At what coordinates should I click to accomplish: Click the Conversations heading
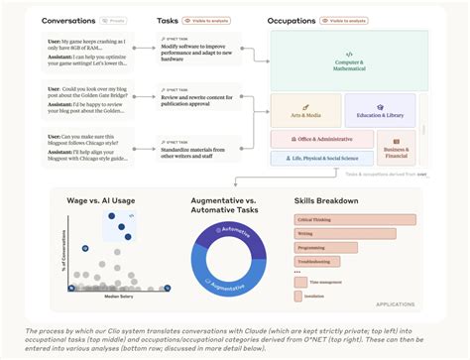[x=68, y=20]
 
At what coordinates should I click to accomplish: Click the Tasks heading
[x=168, y=20]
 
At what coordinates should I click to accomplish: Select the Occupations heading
[x=298, y=20]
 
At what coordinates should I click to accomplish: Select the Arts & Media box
[x=305, y=114]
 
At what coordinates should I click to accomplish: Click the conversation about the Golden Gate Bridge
[x=85, y=95]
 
